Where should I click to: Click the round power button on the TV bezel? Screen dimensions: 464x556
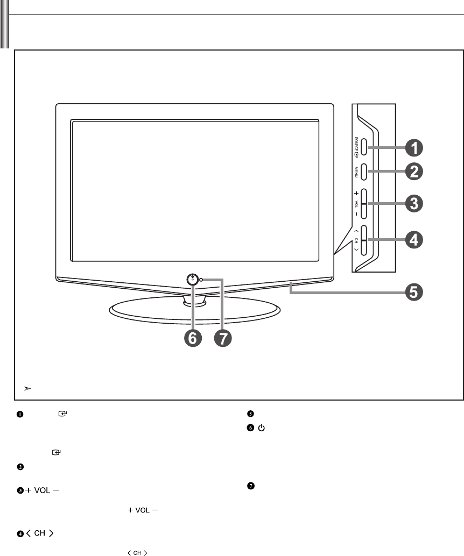point(192,280)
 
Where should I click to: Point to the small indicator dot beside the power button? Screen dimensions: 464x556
point(201,280)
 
